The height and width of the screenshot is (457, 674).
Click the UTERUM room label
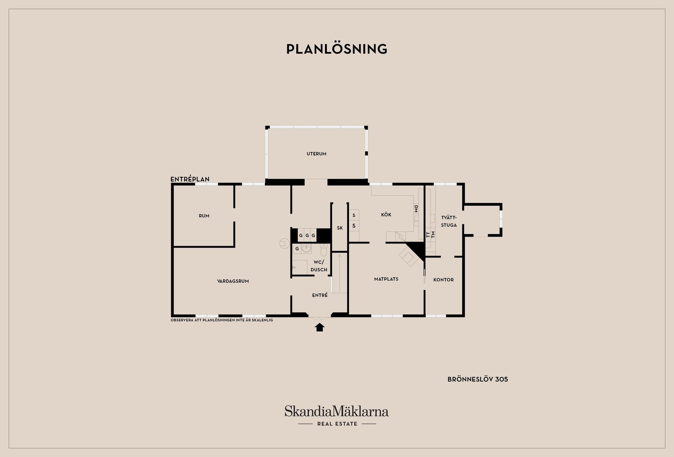[316, 154]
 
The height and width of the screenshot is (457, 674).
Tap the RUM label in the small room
[204, 216]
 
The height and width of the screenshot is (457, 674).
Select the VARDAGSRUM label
[233, 281]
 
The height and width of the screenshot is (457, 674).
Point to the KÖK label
[386, 214]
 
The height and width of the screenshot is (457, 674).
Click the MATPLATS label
[386, 279]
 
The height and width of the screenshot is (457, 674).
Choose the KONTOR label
[443, 280]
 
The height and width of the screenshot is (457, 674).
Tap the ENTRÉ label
[320, 295]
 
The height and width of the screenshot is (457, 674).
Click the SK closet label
[340, 228]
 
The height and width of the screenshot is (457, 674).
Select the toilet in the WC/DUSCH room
[324, 250]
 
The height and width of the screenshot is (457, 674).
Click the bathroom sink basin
[306, 249]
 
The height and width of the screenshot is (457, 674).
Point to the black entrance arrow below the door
[319, 327]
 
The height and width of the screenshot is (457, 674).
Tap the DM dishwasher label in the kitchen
[416, 209]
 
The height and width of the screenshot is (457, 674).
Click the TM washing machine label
[433, 235]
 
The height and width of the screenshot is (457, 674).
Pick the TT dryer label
[428, 235]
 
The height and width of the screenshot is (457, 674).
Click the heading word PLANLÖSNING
[337, 49]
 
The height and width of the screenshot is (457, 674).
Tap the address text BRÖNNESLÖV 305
[478, 379]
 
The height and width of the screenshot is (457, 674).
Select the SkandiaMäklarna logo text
[337, 411]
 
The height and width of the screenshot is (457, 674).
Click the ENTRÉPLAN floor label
[190, 179]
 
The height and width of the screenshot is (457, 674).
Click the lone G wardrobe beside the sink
[297, 249]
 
